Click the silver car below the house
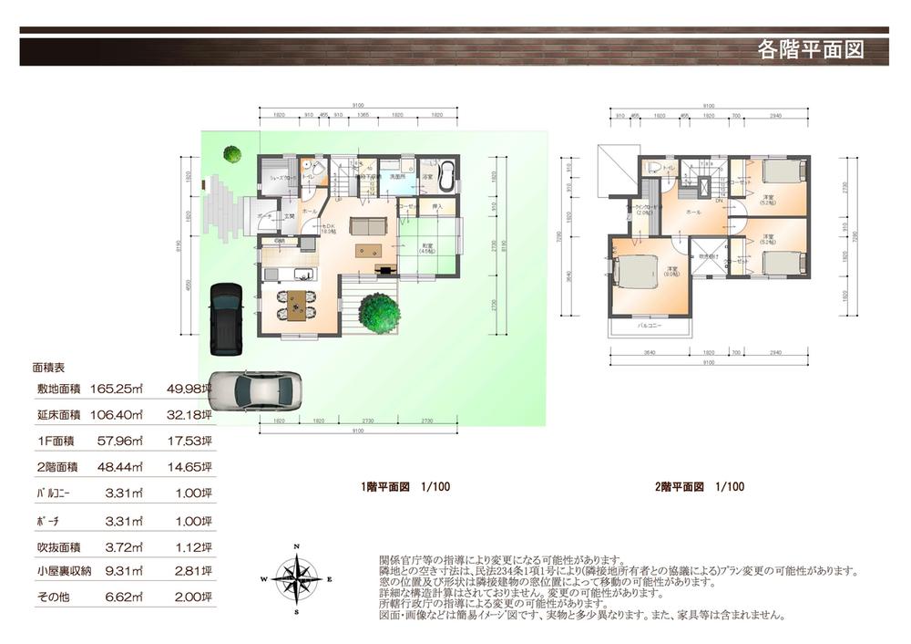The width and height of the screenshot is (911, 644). [255, 390]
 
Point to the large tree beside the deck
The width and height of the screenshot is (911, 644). [379, 312]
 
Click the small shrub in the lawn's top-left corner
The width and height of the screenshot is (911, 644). [232, 154]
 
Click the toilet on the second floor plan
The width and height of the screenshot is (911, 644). [652, 167]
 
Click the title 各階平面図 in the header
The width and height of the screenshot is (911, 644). [810, 49]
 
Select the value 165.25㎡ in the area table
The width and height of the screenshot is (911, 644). [117, 389]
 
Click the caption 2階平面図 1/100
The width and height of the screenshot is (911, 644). [699, 487]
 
